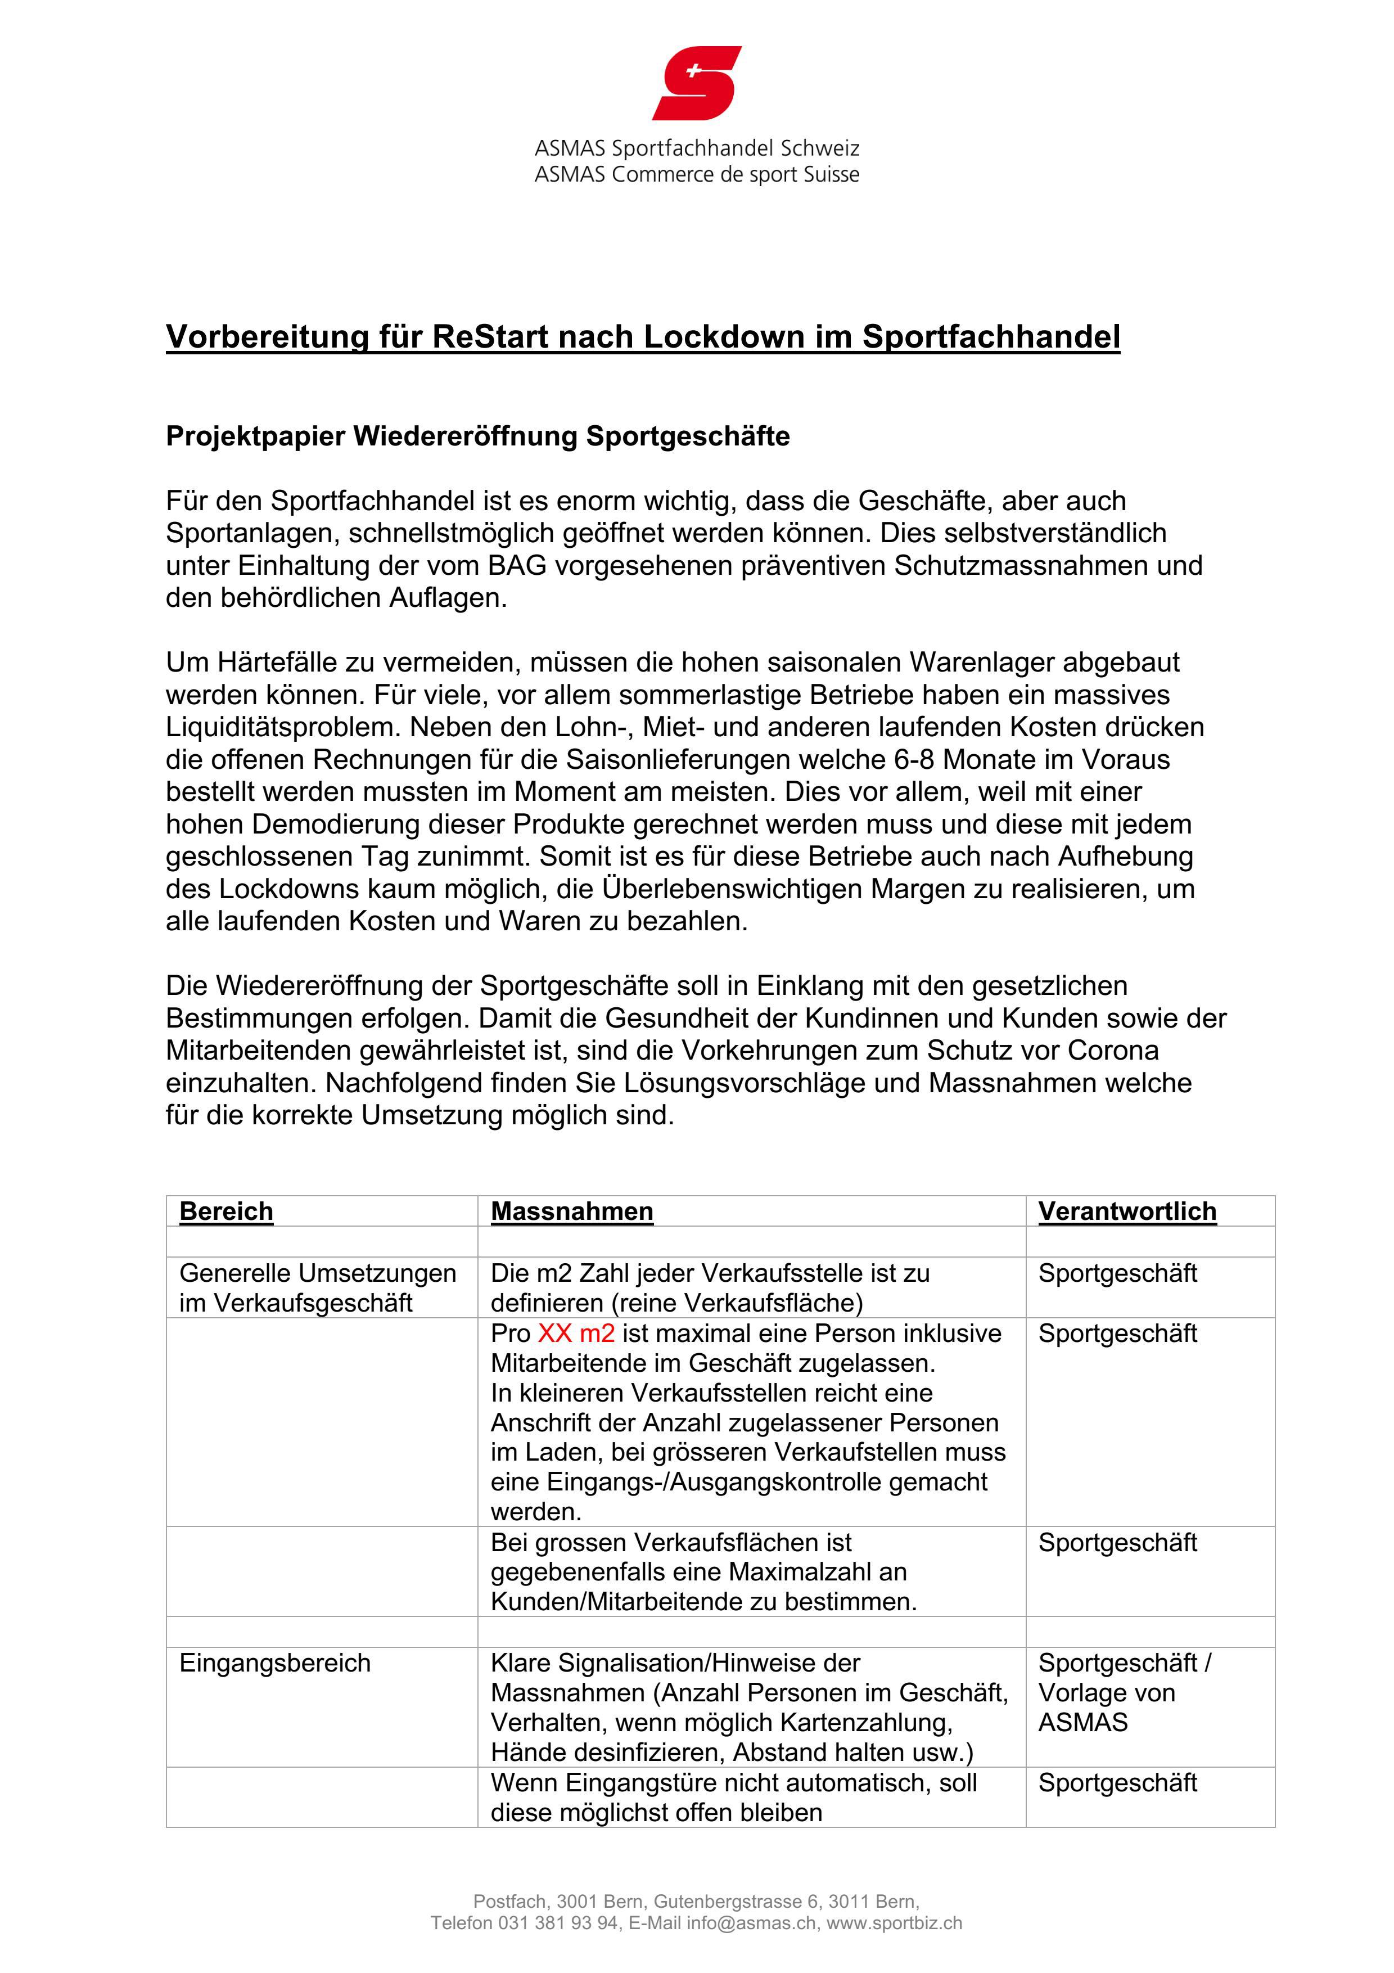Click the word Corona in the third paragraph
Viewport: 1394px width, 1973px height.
coord(1113,1050)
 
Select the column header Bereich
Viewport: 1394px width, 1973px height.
coord(226,1211)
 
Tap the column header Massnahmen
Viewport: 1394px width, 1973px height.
coord(572,1211)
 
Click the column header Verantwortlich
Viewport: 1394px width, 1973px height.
coord(1127,1211)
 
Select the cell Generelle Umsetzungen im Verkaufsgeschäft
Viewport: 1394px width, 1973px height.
coord(317,1287)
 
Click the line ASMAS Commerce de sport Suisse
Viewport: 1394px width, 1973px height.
coord(697,174)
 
